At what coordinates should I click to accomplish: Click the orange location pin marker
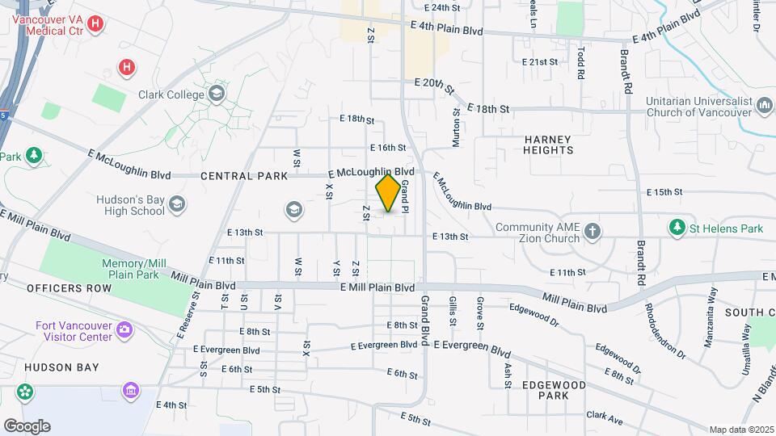coord(388,193)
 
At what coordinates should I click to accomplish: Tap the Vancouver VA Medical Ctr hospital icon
coord(95,23)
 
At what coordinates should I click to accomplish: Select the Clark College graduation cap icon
coord(216,94)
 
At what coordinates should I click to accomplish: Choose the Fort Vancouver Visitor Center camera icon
coord(124,330)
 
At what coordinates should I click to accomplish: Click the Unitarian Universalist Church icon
coord(764,107)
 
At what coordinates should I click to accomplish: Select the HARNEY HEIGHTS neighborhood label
coord(547,145)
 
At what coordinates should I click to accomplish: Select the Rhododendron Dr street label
coord(664,331)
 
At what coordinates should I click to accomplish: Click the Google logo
coord(26,426)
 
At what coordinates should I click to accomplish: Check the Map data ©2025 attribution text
coord(740,430)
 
